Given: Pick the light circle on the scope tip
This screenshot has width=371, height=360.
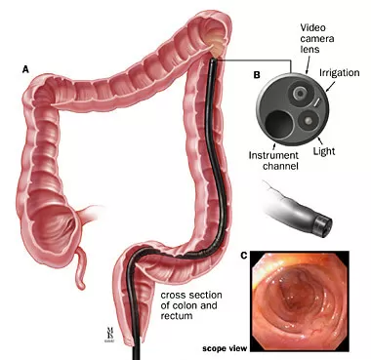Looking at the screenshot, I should [x=306, y=121].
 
